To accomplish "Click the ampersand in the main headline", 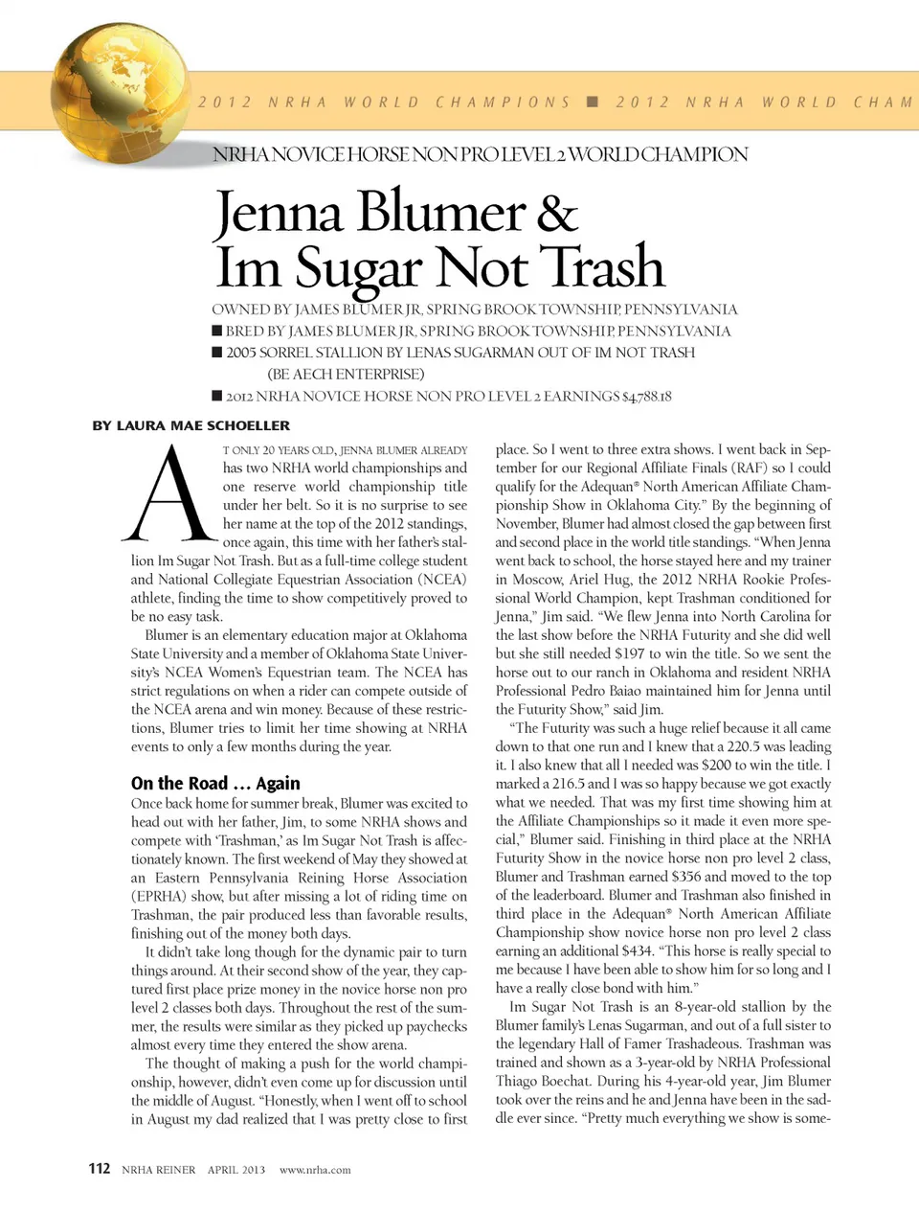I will pos(556,213).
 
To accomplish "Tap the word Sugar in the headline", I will pos(357,267).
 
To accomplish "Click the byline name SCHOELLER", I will pos(246,425).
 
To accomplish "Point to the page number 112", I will pos(100,1168).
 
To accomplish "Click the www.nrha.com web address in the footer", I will pos(315,1170).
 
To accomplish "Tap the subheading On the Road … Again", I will pos(215,783).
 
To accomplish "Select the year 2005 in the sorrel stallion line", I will pos(242,353).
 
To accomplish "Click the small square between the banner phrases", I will pos(593,102).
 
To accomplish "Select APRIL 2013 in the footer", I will pos(236,1170).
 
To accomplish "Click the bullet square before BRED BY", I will pos(217,332).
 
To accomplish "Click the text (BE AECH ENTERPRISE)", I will pos(346,375).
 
